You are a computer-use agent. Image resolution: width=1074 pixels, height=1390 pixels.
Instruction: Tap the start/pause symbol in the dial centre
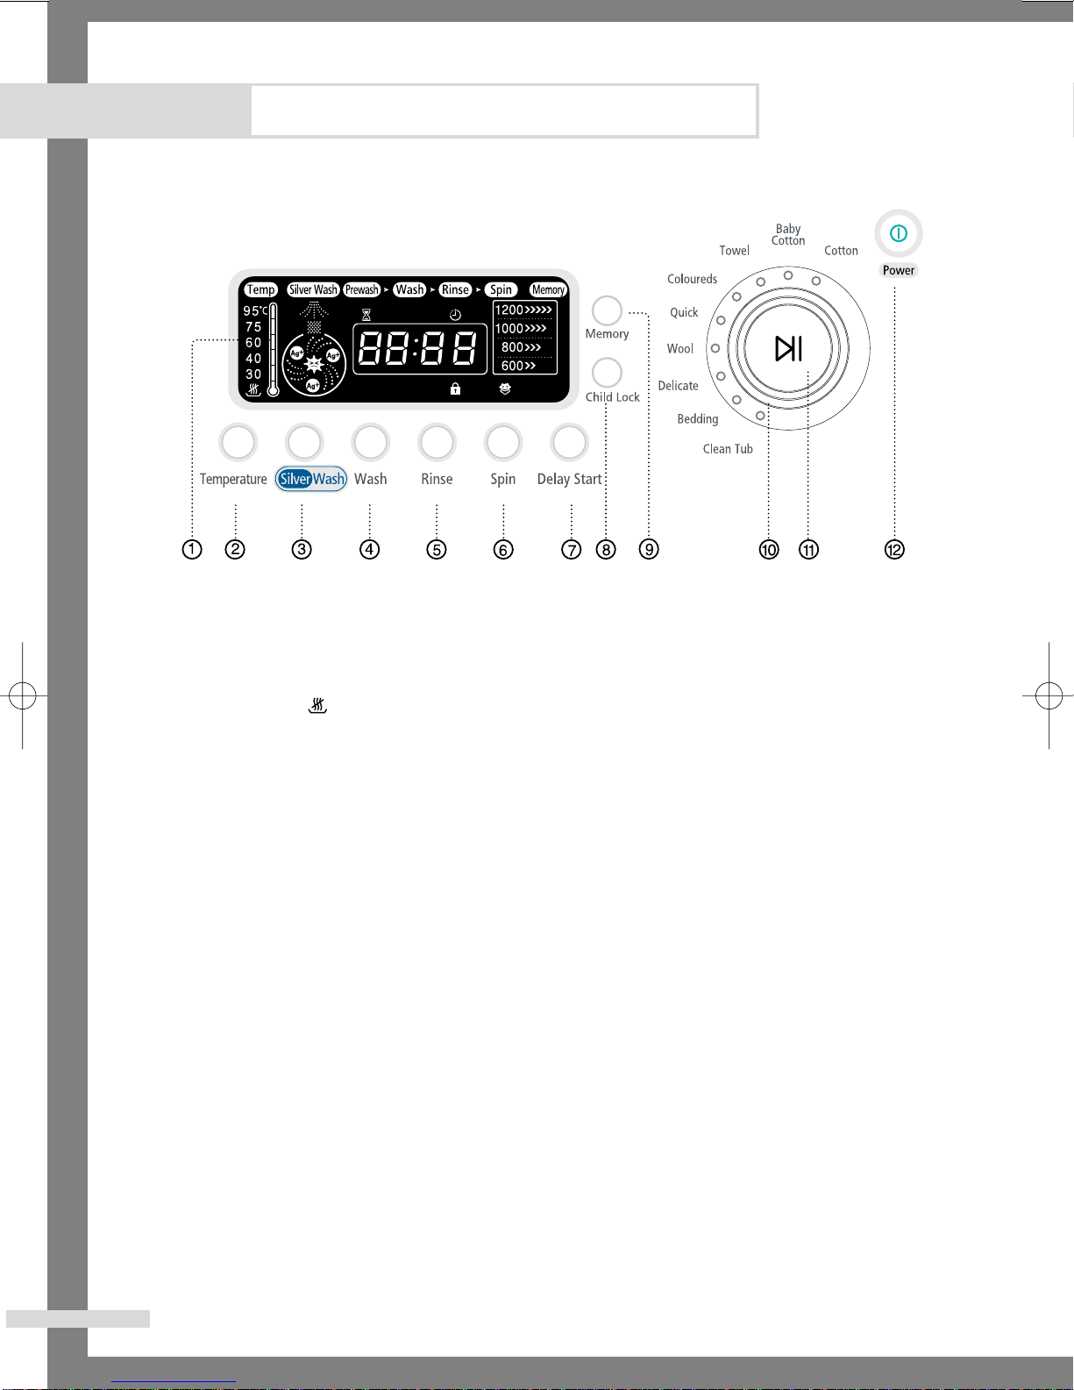coord(788,349)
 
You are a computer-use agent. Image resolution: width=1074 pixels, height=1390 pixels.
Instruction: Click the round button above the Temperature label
coord(238,442)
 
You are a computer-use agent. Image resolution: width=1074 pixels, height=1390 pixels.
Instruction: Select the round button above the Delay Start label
coord(569,442)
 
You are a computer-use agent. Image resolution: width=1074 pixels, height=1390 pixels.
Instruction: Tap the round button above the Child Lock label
coord(607,373)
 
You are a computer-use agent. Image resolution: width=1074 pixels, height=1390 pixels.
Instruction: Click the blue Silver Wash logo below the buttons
coord(311,479)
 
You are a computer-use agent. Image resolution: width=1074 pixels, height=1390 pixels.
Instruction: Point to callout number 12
coord(894,550)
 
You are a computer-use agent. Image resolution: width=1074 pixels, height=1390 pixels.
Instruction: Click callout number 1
coord(192,550)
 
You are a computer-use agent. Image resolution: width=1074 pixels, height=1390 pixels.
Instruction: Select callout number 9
coord(649,550)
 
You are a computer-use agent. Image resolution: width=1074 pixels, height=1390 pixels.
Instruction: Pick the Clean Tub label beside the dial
coord(728,449)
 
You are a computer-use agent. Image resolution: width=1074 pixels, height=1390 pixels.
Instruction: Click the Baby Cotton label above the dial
coord(788,235)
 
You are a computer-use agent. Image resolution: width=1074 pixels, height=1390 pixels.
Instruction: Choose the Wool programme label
coord(679,349)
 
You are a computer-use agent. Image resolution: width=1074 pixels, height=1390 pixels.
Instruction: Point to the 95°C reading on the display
coord(255,310)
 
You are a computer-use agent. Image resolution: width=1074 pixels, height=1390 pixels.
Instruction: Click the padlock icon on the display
coord(455,388)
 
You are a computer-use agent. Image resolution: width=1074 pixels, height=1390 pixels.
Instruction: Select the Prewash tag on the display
coord(362,289)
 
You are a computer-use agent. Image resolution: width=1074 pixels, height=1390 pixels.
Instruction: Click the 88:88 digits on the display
coord(418,349)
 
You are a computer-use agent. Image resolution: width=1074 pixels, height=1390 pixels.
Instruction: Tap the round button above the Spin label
coord(503,442)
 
